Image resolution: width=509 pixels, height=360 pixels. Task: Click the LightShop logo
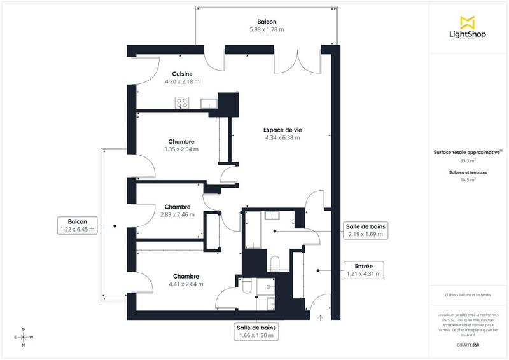[x=468, y=27]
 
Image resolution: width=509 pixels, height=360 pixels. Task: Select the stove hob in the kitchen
[x=182, y=102]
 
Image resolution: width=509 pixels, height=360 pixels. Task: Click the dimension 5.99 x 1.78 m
[x=267, y=29]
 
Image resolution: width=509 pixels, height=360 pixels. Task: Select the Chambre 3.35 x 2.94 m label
[x=181, y=146]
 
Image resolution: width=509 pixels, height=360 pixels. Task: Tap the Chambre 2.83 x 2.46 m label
[x=178, y=211]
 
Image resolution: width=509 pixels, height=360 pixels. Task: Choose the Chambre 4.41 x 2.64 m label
[x=185, y=280]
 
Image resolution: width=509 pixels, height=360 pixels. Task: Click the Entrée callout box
[x=363, y=270]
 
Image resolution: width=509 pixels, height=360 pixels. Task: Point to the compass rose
[x=24, y=337]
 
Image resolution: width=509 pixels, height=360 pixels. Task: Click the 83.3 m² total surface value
[x=468, y=161]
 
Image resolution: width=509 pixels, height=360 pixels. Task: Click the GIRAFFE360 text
[x=468, y=343]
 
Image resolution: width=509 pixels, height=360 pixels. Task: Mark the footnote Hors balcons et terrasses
[x=468, y=296]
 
